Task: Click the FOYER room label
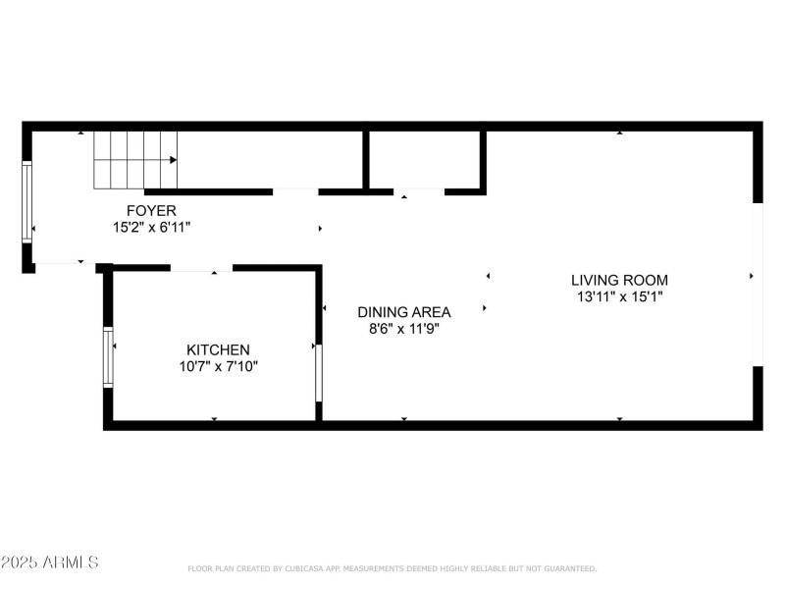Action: [x=151, y=210]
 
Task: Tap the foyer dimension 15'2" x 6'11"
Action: [x=151, y=227]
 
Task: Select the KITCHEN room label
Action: [x=218, y=349]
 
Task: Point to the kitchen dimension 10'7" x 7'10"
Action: [x=218, y=366]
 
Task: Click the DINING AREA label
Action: [x=403, y=312]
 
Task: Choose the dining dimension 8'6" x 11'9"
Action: [x=403, y=329]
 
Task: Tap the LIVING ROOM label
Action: [x=619, y=280]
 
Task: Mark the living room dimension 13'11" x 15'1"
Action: [x=619, y=295]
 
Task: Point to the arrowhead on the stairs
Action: [x=173, y=159]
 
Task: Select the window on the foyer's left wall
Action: [x=27, y=202]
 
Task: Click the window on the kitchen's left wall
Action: [x=109, y=356]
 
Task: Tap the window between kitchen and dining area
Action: [x=318, y=371]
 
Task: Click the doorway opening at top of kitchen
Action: [x=201, y=267]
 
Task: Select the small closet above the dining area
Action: [x=424, y=159]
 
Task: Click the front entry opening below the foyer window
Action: [x=64, y=264]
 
